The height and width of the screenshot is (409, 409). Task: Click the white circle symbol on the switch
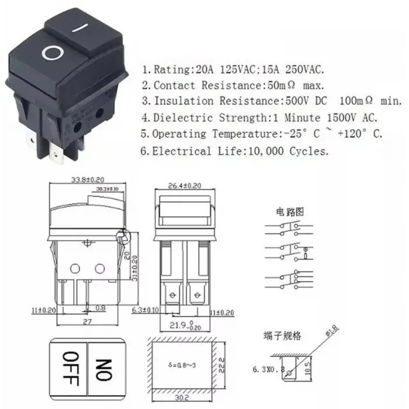[x=52, y=54]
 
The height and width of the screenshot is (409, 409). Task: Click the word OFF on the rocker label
[x=70, y=368]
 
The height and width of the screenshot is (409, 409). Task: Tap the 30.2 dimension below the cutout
[x=183, y=398]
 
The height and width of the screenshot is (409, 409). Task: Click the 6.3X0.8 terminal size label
[x=268, y=369]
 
